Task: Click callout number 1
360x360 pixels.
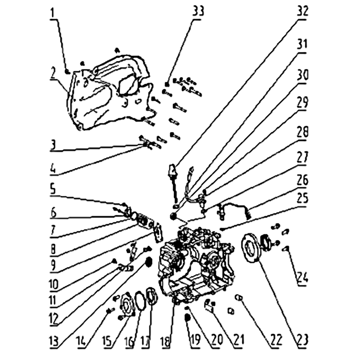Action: [x=54, y=13]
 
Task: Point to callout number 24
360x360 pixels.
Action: [x=302, y=277]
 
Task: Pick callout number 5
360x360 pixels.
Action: [x=53, y=189]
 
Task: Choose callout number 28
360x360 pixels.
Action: [x=302, y=132]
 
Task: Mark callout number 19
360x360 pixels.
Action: [x=195, y=340]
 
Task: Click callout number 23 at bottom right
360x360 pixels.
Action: [x=302, y=340]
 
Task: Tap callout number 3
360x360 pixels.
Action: [x=53, y=145]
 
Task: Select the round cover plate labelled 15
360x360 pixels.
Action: [x=127, y=306]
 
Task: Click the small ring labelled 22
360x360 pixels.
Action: [x=238, y=298]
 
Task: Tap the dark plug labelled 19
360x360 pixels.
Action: [x=187, y=318]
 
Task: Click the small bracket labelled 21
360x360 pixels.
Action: [x=210, y=306]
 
